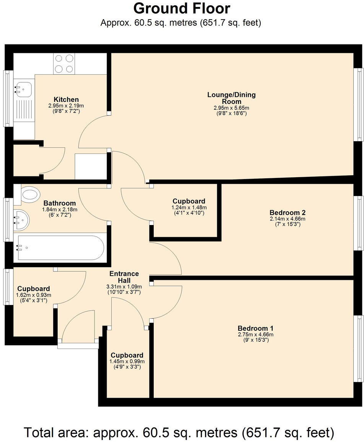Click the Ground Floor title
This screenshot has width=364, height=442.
(182, 8)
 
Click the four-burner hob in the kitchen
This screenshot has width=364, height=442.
(64, 64)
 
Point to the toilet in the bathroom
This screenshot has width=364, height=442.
(30, 194)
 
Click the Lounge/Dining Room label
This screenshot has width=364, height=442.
(231, 98)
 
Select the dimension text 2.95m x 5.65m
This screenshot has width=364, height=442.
(231, 108)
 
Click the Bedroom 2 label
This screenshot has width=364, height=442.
(287, 212)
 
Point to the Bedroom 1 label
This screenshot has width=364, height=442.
(255, 328)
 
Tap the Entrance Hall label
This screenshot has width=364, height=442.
(124, 277)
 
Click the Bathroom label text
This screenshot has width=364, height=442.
(59, 203)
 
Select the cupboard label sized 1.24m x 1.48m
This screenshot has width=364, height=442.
(188, 201)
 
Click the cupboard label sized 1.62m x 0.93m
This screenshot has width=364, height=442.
(33, 289)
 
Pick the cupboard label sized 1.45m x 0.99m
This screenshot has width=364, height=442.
(127, 355)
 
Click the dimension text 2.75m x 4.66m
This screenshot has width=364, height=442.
(255, 334)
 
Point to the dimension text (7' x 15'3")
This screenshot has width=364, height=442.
(287, 225)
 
